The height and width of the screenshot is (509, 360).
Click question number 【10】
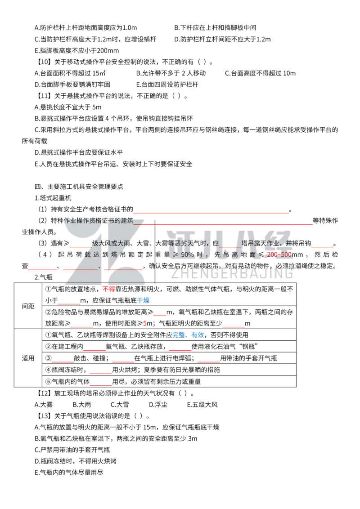(44, 62)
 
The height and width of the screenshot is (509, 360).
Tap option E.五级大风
(202, 405)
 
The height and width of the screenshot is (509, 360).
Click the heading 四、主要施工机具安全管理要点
(79, 187)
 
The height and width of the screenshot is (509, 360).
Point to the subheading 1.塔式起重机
(53, 198)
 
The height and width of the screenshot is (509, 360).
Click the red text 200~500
(279, 255)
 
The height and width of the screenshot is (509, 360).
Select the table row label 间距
(28, 306)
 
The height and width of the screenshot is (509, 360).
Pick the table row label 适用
(28, 358)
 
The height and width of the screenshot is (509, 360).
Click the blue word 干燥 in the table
(143, 301)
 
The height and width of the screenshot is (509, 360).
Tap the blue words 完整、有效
(188, 335)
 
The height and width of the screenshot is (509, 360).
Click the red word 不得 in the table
(109, 289)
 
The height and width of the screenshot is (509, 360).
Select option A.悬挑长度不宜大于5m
(68, 107)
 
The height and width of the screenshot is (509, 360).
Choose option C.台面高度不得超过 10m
(260, 73)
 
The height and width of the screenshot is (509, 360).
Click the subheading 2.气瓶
(44, 277)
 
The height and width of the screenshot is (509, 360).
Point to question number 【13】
(44, 416)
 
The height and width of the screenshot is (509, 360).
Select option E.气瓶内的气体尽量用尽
(69, 473)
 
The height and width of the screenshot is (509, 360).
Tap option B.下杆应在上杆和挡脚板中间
(215, 28)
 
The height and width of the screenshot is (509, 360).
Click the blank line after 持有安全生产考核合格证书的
(211, 213)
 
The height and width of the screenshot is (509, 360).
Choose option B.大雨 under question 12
(82, 405)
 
